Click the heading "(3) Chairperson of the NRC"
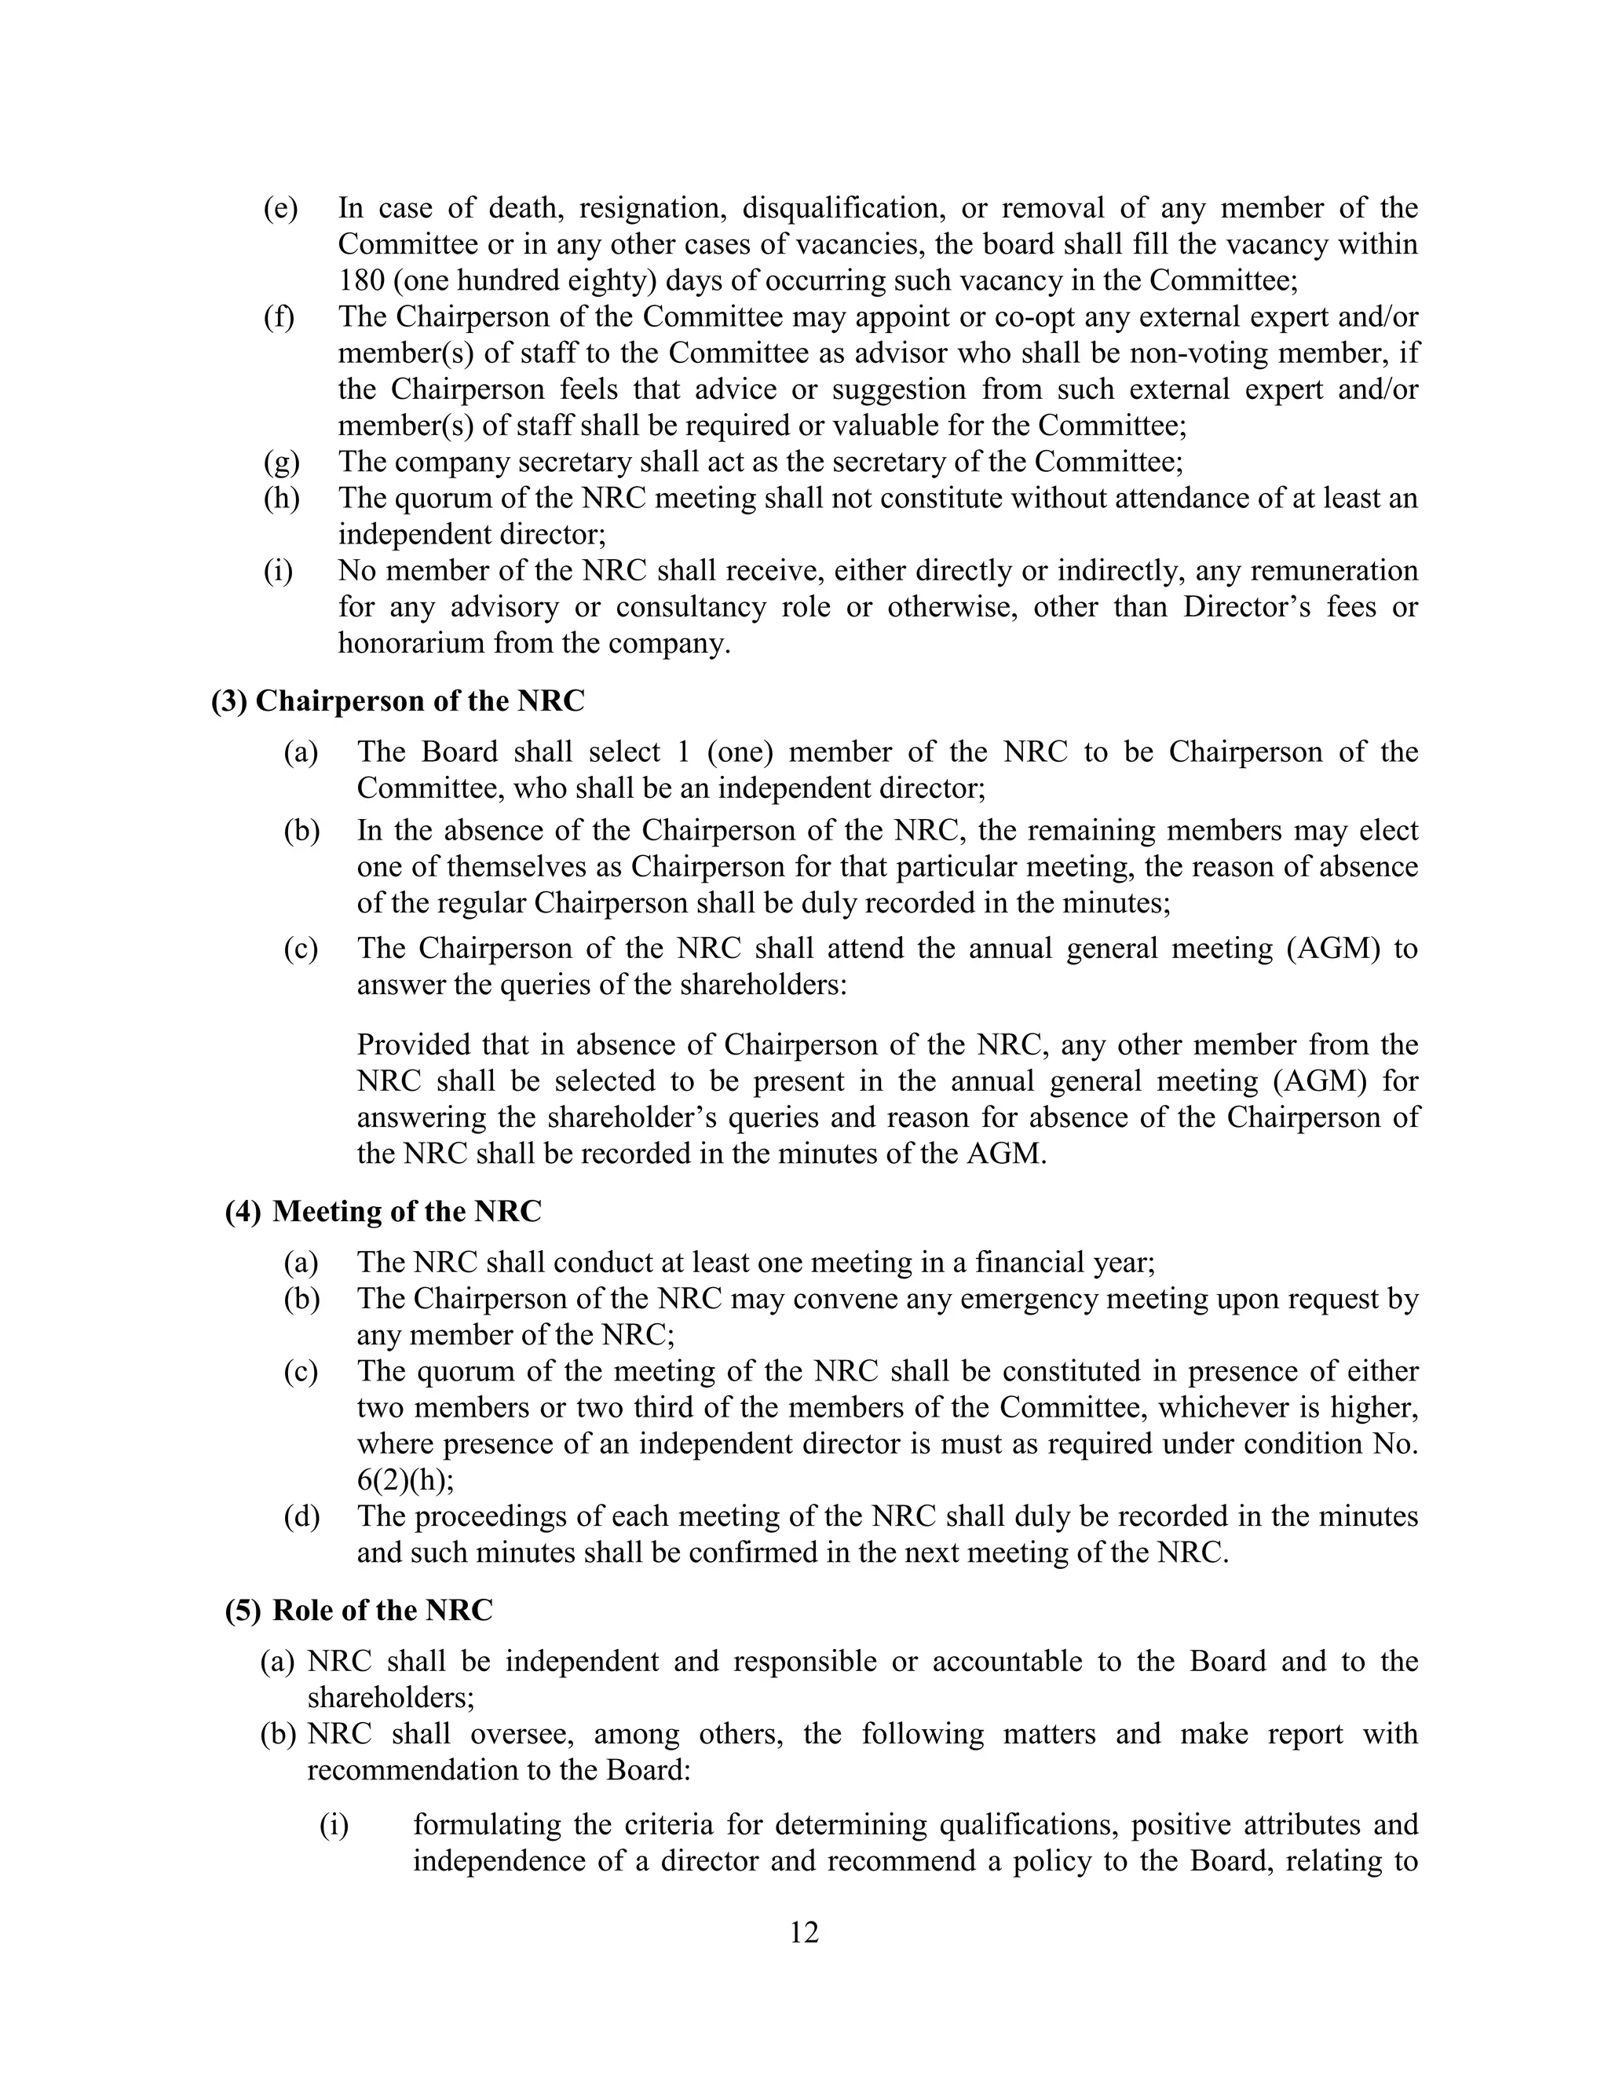coord(397,701)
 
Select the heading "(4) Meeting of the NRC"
coord(383,1211)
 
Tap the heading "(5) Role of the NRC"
coord(359,1609)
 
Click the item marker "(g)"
coord(281,462)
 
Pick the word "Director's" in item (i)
coord(1245,607)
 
